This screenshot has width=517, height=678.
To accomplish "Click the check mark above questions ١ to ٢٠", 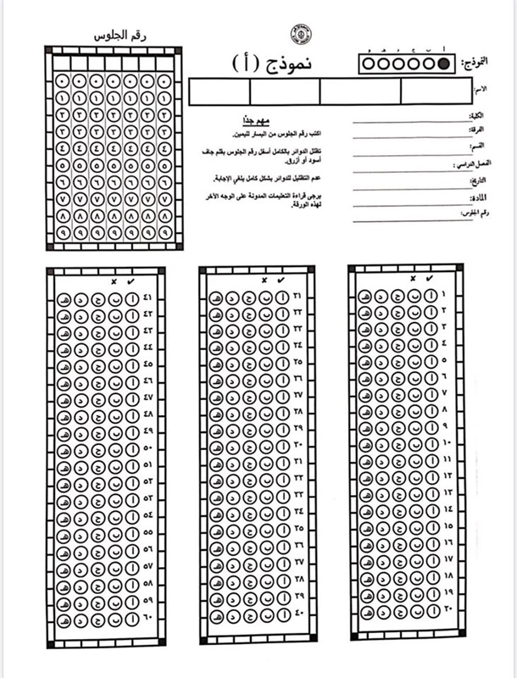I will click(x=430, y=278).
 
